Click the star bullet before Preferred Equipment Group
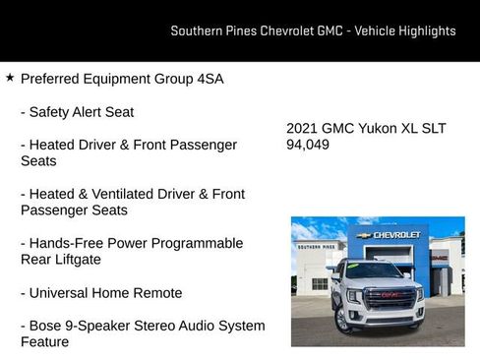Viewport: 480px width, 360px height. (10, 77)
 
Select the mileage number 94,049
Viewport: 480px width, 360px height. (308, 145)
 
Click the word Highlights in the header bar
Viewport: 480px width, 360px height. (427, 30)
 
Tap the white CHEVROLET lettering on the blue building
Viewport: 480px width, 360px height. (396, 235)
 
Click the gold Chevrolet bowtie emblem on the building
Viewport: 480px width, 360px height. (363, 235)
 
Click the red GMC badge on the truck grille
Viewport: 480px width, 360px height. (391, 294)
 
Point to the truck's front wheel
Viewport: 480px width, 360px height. (344, 320)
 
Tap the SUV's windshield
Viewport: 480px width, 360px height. (375, 270)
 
